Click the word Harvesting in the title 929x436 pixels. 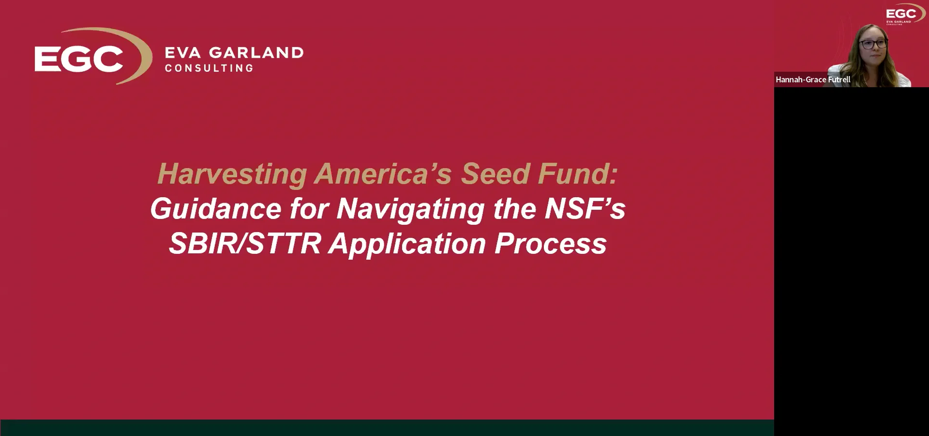click(232, 174)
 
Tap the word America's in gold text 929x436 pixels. click(383, 174)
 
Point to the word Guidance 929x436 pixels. click(215, 209)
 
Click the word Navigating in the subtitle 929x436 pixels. click(410, 209)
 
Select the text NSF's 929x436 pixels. click(585, 208)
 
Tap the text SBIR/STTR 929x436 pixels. click(244, 244)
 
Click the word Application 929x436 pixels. click(407, 244)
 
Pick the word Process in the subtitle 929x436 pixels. click(550, 244)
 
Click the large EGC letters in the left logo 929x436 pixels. click(79, 59)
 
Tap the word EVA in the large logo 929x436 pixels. click(182, 52)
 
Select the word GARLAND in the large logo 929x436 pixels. click(256, 52)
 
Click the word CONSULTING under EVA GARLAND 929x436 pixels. click(209, 68)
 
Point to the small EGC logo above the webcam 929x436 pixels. click(901, 15)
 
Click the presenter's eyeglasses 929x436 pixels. click(873, 44)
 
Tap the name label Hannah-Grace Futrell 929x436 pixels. click(813, 79)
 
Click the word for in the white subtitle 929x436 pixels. click(309, 209)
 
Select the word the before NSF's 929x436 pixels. click(515, 209)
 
